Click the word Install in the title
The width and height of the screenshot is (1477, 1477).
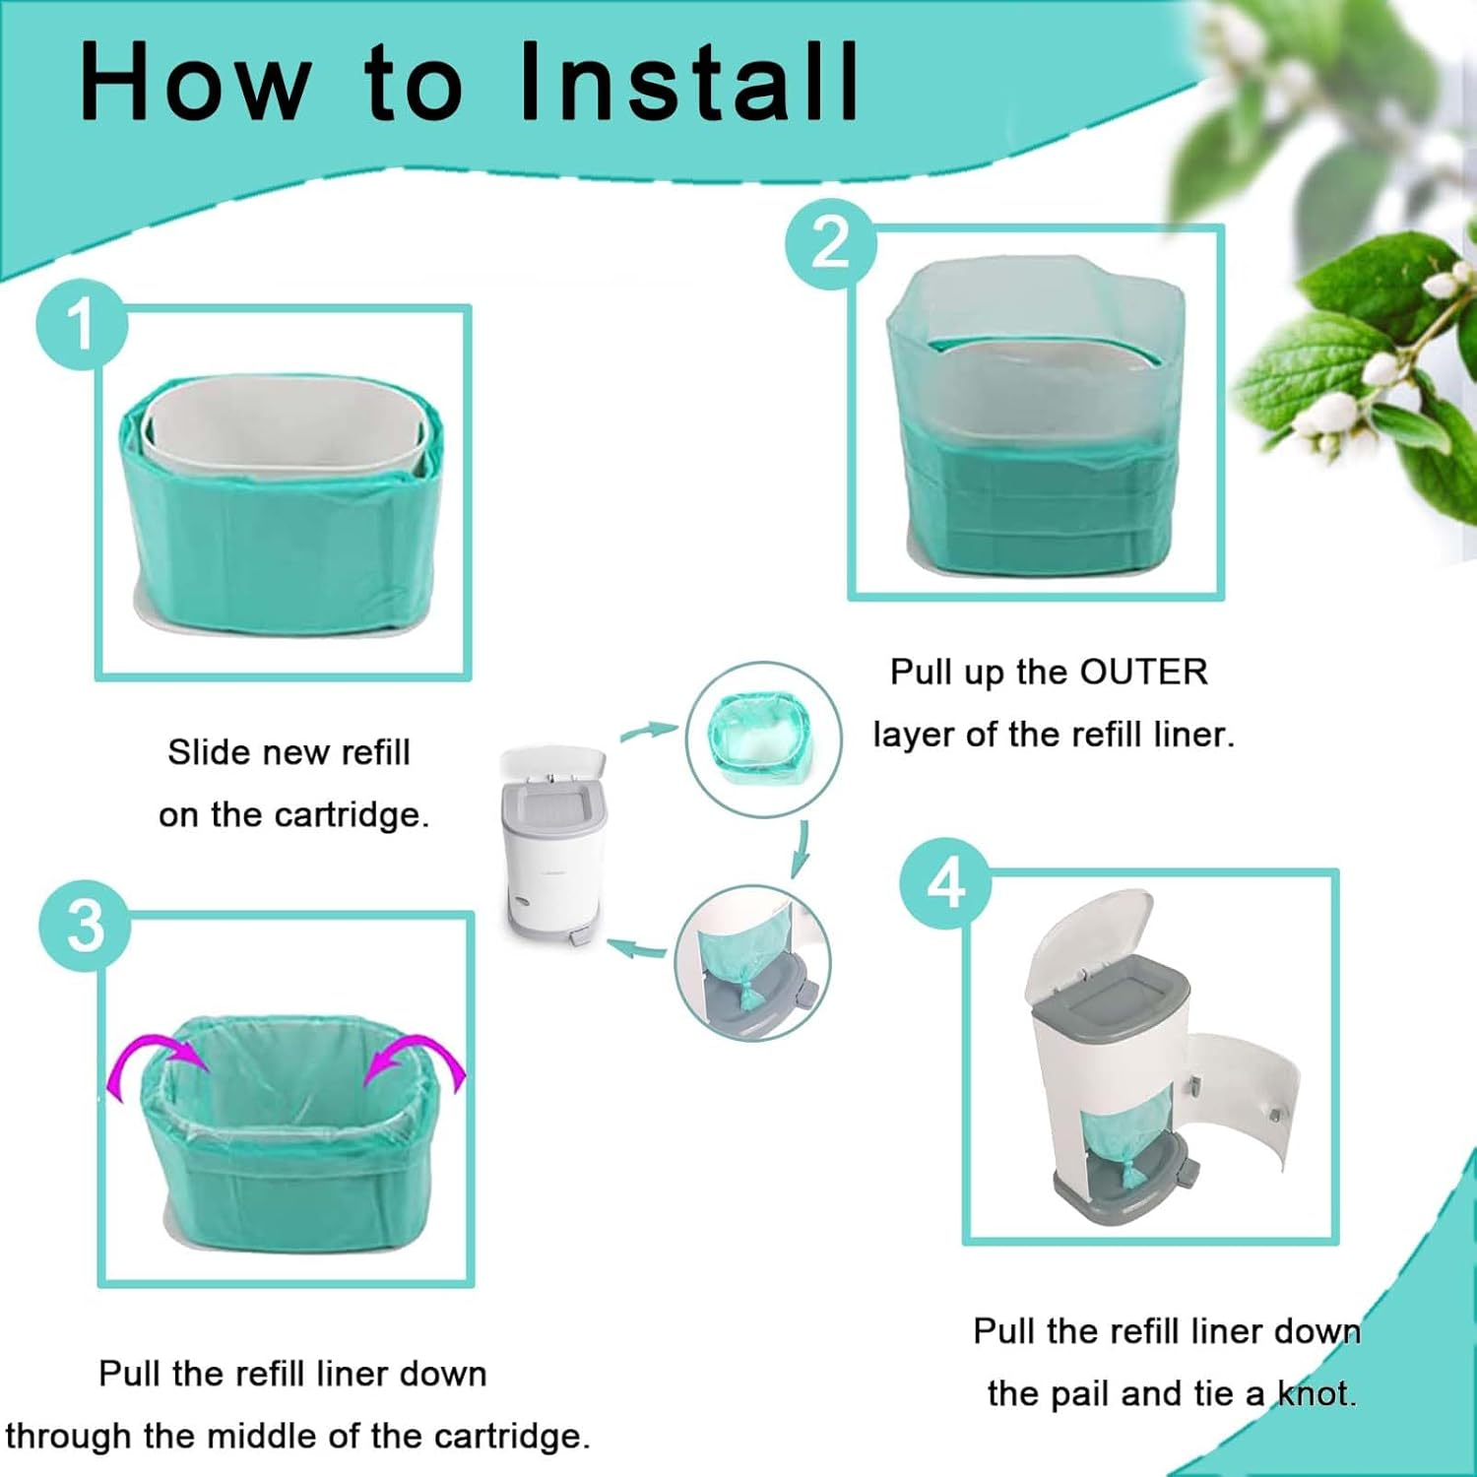click(x=689, y=83)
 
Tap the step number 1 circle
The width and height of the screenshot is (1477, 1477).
click(x=82, y=325)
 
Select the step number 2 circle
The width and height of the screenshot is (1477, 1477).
click(x=831, y=242)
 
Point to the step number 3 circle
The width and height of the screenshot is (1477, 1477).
click(x=85, y=926)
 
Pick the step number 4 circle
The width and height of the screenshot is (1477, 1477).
click(x=945, y=883)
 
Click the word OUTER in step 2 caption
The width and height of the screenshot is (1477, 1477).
click(x=1143, y=672)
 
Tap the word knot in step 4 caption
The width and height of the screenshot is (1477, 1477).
click(x=1316, y=1393)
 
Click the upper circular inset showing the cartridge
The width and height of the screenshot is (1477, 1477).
click(x=763, y=739)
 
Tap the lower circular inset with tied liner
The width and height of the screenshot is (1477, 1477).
click(x=752, y=963)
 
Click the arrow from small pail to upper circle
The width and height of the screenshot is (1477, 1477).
click(x=648, y=731)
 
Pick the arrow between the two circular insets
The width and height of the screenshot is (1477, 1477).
click(x=802, y=848)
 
